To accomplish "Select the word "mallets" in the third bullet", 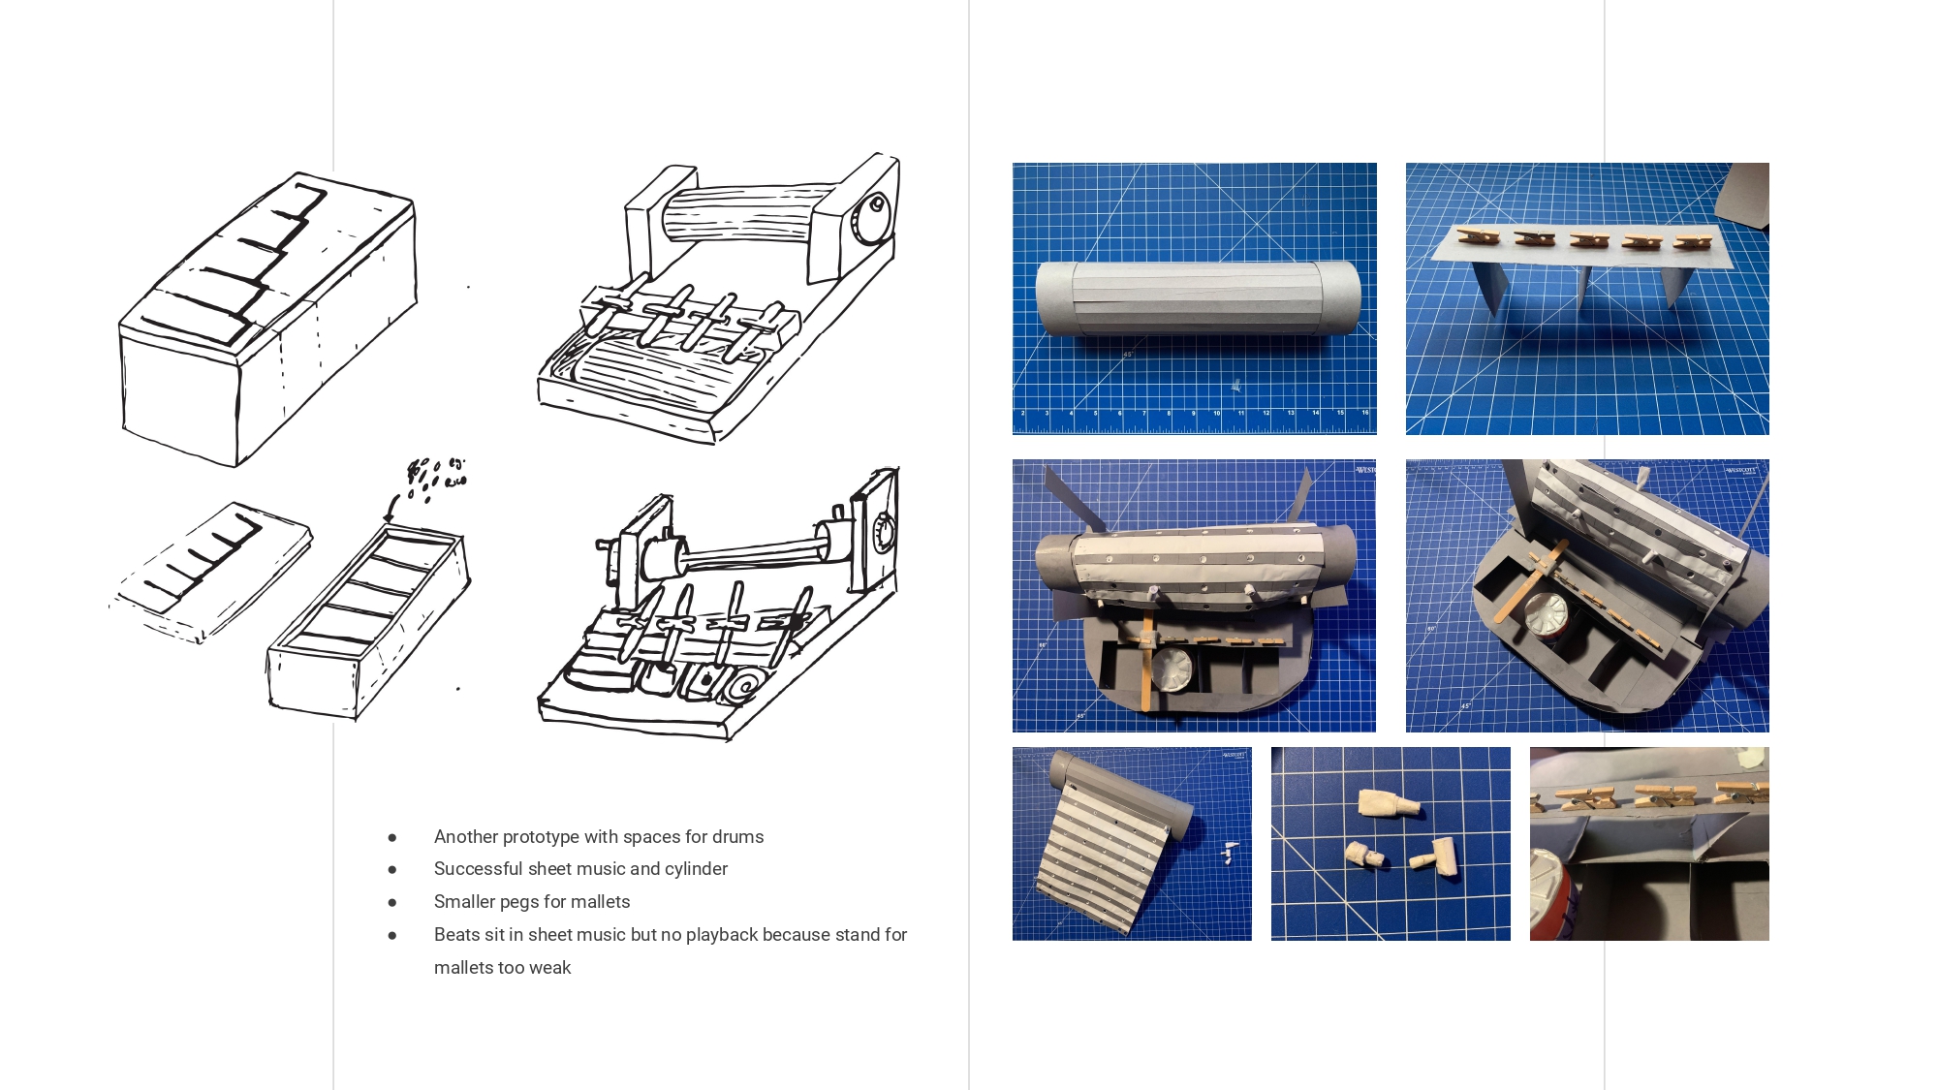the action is click(600, 902).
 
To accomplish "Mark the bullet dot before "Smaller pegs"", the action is click(392, 903).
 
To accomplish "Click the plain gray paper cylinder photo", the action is click(1194, 298).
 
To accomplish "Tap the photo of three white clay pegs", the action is click(1391, 844).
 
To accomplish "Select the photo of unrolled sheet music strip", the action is click(1132, 844).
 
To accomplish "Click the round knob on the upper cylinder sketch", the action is click(876, 206).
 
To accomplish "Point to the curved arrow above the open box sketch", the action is click(393, 506).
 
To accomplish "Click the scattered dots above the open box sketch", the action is click(438, 478).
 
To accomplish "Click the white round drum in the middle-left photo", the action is click(1171, 670).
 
